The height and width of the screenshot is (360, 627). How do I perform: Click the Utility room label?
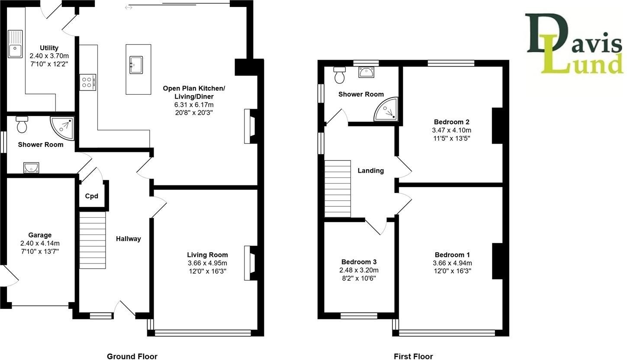coord(49,48)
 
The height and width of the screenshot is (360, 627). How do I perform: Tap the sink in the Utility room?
coord(15,44)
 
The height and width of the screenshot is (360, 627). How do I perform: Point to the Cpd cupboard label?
coord(91,196)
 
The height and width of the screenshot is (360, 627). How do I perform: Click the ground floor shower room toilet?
coord(22,124)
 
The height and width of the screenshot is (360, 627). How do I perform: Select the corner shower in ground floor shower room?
coord(62,127)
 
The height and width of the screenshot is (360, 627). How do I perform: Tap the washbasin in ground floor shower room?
coord(31,167)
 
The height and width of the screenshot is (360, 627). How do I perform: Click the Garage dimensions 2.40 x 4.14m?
coord(40,243)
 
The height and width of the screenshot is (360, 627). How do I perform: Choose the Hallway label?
coord(129,238)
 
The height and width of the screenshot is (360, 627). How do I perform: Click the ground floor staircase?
coord(92,240)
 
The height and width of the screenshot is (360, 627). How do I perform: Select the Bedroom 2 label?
coord(451,122)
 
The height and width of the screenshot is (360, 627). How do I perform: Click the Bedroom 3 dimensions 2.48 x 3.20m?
coord(359,270)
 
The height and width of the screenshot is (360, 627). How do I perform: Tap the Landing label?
coord(370,170)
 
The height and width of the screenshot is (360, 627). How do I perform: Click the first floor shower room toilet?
coord(339,75)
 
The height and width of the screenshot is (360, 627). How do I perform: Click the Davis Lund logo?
coord(574,44)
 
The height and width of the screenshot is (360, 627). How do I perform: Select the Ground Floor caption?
coord(132,356)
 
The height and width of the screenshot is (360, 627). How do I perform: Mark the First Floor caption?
coord(413,356)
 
